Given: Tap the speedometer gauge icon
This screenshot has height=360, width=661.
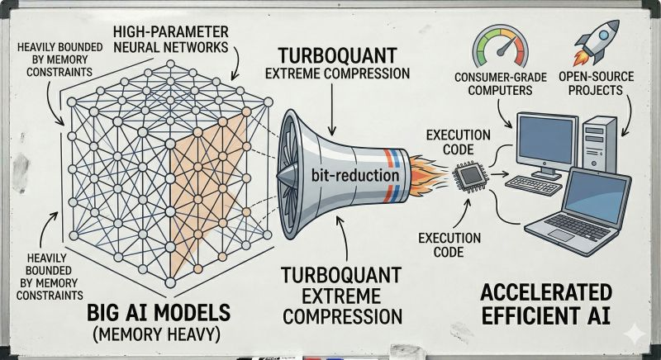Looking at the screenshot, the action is coord(501,47).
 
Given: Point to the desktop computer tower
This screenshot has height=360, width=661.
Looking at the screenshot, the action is coord(600,144).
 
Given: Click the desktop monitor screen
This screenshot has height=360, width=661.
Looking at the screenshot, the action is coord(547,141).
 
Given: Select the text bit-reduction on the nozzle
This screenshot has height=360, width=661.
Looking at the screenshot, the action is coord(355,175).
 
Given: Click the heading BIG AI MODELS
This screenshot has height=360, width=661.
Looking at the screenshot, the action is coord(159,313).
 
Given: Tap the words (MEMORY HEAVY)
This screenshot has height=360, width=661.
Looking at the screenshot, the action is coord(156,334).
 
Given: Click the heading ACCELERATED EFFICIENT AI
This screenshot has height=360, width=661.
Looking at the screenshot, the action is coord(546,304).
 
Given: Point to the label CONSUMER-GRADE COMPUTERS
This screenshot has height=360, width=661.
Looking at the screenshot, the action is coord(501,83).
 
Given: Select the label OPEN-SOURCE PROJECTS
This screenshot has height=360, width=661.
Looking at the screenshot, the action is coord(596,83).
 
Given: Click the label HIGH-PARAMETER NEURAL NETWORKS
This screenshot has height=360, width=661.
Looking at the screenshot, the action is coord(171,39).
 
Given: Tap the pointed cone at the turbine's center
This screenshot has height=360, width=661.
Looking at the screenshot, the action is coord(291,175).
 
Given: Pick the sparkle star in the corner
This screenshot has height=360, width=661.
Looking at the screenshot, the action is coord(635,334).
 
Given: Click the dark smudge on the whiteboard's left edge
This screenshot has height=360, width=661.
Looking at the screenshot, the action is coord(20,172).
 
